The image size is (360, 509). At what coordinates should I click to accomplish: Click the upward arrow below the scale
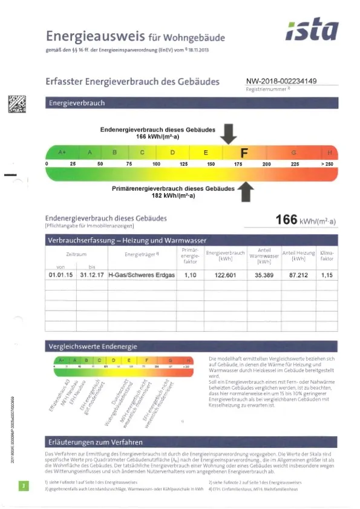246,192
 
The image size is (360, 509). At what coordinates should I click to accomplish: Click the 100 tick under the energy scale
156,164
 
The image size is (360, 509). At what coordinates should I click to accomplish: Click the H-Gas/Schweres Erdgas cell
141,275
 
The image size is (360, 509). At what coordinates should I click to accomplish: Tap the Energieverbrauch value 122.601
225,275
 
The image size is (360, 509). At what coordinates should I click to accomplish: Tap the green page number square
22,486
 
